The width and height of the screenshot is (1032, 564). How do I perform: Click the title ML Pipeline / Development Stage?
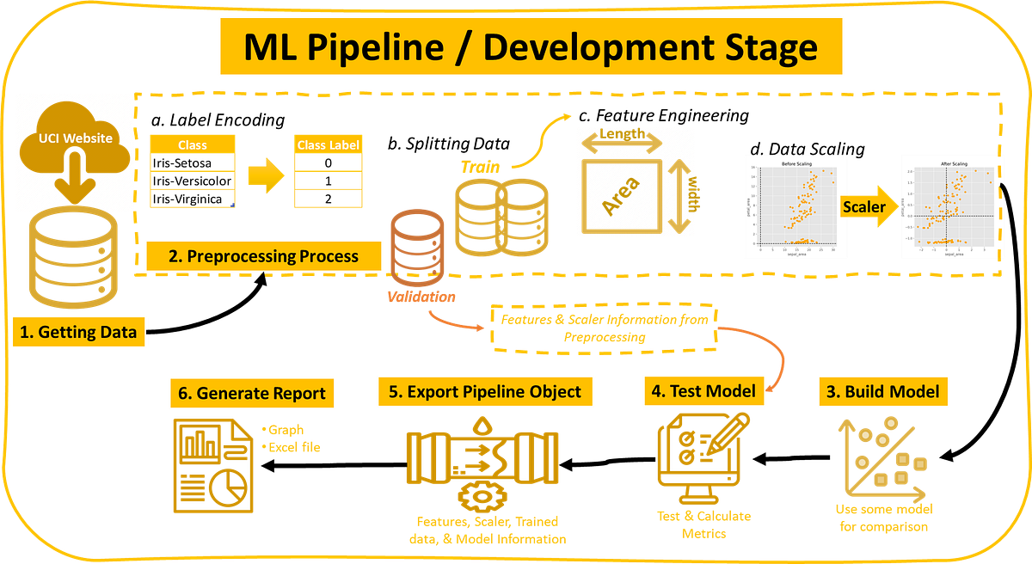530,48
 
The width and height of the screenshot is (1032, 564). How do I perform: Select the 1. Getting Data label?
78,333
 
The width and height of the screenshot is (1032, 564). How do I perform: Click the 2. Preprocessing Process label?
263,255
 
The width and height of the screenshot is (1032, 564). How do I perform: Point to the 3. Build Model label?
882,391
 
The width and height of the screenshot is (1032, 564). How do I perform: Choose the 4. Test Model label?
703,391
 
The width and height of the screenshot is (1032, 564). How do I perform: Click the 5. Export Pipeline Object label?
485,391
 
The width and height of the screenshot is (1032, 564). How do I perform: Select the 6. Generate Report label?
251,393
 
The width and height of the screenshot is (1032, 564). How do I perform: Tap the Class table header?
192,144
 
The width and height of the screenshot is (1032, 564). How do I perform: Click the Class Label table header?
328,144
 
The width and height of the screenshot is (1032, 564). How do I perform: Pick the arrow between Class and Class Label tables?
265,175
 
